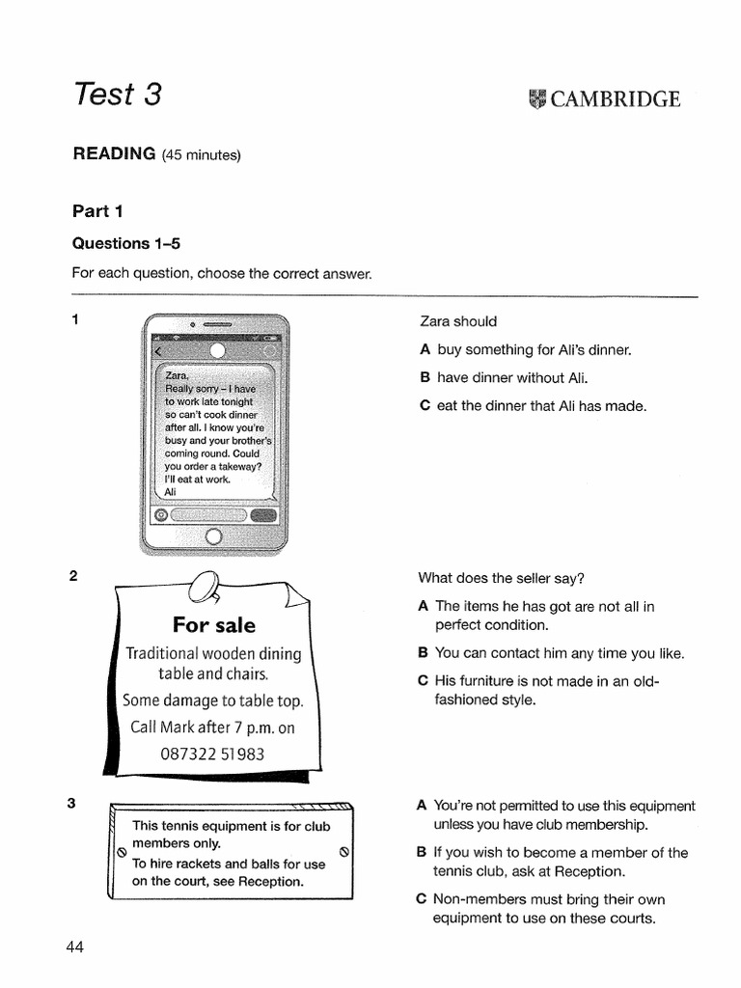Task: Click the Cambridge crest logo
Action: (x=537, y=99)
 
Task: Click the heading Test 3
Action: (x=118, y=95)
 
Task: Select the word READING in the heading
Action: (x=115, y=153)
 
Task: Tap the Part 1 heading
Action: (x=97, y=210)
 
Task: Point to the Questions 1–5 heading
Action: (x=126, y=243)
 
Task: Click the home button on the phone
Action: (x=214, y=536)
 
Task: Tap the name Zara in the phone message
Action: (x=177, y=375)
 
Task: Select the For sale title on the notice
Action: (x=214, y=625)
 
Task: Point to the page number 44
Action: (x=75, y=947)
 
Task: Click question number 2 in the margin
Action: (x=73, y=577)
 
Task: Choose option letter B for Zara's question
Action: (x=425, y=377)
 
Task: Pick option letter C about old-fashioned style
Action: (x=423, y=680)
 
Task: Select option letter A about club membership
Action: (x=421, y=806)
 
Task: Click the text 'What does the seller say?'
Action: (x=501, y=578)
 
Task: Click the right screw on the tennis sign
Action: (x=344, y=852)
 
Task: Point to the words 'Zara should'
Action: (x=458, y=321)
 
